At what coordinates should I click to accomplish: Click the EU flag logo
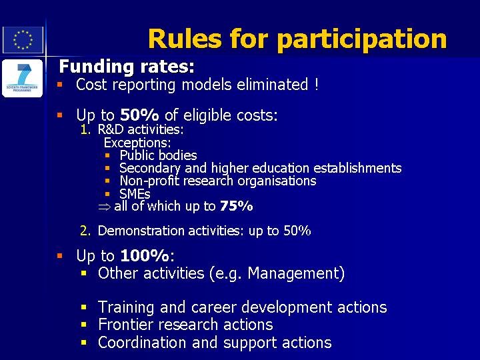(x=23, y=40)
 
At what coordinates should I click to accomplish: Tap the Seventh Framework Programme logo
(x=23, y=79)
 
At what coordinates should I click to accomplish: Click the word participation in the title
(x=362, y=40)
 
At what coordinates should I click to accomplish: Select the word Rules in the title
(x=185, y=38)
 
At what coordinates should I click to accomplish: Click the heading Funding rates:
(x=127, y=67)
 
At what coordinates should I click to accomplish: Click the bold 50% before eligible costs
(x=139, y=115)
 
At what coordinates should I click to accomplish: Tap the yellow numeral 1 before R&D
(x=85, y=130)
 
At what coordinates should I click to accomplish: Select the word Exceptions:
(x=137, y=143)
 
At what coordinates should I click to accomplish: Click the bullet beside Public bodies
(x=107, y=155)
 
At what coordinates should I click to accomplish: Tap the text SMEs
(x=135, y=194)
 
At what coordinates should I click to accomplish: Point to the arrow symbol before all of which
(x=105, y=207)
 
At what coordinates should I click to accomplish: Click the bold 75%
(x=236, y=206)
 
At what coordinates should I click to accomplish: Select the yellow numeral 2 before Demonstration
(x=85, y=231)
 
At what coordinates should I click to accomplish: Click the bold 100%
(x=145, y=255)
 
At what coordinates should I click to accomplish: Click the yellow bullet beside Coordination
(x=84, y=342)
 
